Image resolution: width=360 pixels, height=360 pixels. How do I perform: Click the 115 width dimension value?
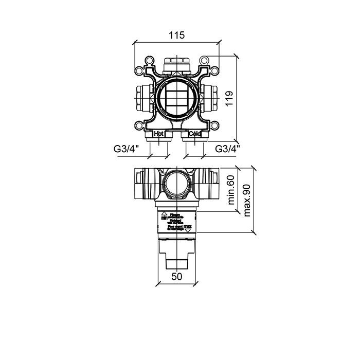(x=176, y=35)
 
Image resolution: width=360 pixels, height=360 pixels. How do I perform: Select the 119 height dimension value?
(x=229, y=97)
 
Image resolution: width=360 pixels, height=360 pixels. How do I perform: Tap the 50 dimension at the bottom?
(x=176, y=277)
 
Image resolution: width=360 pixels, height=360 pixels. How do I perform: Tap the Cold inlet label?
(x=194, y=134)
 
